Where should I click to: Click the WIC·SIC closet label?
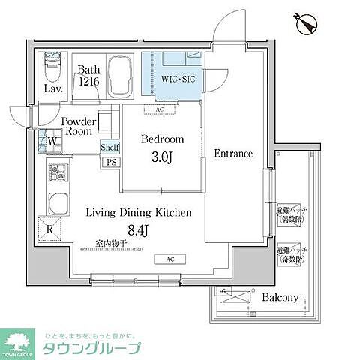(x=175, y=76)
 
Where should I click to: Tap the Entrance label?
(x=233, y=154)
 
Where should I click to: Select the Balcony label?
(x=280, y=298)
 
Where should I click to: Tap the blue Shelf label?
(x=109, y=148)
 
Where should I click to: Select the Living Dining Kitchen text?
(x=138, y=212)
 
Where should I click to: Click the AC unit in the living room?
(x=160, y=259)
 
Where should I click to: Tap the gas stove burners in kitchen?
(x=57, y=174)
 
